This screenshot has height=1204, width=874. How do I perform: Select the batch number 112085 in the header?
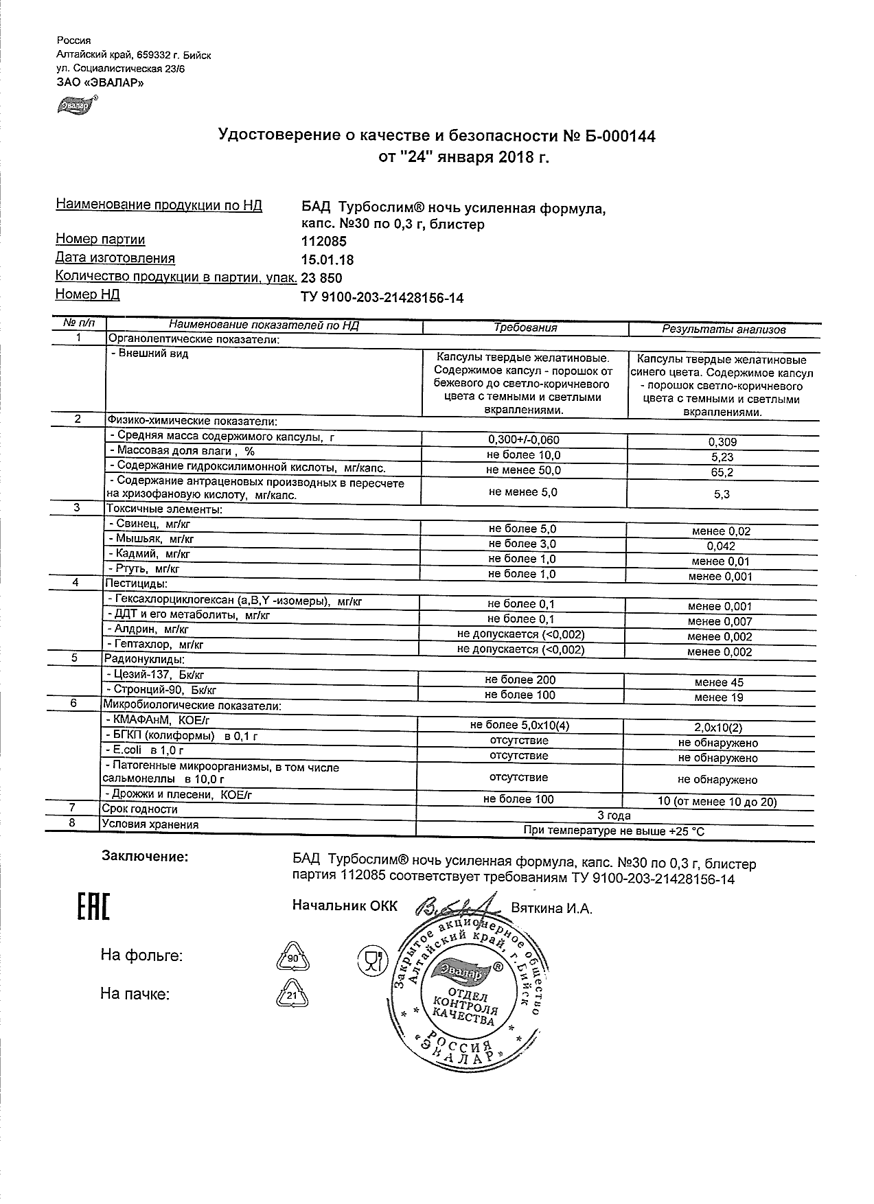(x=324, y=241)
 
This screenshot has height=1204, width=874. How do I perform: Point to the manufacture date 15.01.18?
(x=327, y=259)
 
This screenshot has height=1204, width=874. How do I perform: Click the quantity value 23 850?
(x=321, y=278)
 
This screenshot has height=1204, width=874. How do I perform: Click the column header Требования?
(x=525, y=327)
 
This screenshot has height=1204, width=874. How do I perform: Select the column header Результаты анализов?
(x=724, y=329)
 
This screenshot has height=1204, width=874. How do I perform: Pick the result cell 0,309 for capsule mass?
(x=722, y=443)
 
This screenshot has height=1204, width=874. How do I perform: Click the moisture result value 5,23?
(x=722, y=457)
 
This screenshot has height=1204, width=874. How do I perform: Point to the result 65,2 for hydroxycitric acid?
(x=722, y=472)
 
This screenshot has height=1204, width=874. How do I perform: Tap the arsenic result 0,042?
(x=720, y=546)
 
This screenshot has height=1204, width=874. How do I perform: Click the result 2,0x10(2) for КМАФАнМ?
(x=718, y=728)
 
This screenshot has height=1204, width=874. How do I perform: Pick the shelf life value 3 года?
(x=614, y=815)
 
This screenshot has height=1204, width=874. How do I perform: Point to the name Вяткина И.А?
(x=552, y=908)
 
